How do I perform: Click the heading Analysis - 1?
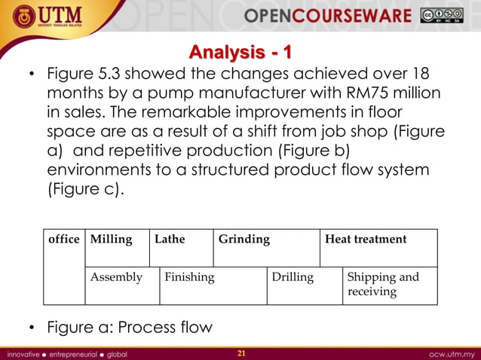coord(240,53)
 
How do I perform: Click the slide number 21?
coord(241,352)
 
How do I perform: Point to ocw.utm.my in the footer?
coord(451,352)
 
